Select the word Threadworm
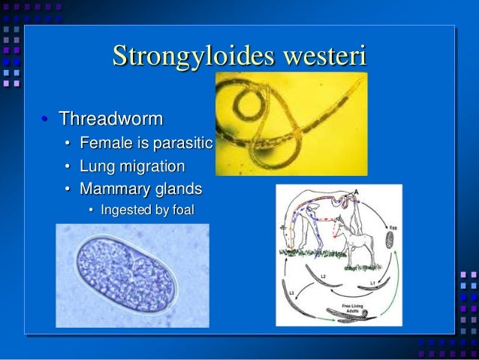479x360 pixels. [x=112, y=119]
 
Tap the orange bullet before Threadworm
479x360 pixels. [x=44, y=119]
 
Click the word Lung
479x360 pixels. [x=95, y=165]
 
